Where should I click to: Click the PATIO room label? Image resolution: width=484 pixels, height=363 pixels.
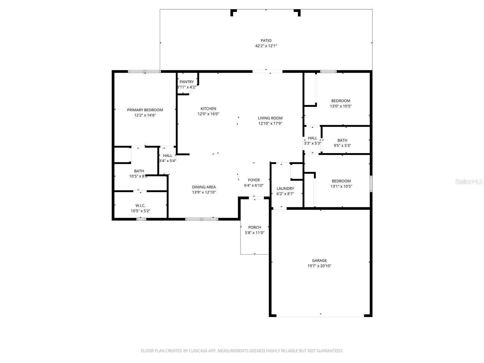pos(266,41)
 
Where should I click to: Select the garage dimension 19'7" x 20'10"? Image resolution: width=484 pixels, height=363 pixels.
pos(319,266)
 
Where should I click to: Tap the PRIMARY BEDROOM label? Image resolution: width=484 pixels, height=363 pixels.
pos(145,110)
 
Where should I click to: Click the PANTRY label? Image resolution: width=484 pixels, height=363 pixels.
pos(187,82)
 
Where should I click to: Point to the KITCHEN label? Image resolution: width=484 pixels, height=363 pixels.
pos(208,109)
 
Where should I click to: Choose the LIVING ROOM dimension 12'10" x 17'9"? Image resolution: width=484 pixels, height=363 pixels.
pos(270,123)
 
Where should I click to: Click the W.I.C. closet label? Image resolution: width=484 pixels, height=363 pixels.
pos(140,206)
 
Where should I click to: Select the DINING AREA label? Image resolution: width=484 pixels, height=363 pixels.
pos(204,187)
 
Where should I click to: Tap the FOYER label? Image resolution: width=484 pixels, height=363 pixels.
pos(254,180)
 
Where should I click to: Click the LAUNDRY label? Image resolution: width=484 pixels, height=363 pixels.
pos(285,188)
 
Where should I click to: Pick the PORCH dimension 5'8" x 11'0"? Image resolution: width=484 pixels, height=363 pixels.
pos(255,233)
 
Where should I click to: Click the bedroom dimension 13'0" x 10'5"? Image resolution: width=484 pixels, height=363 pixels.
pos(341,106)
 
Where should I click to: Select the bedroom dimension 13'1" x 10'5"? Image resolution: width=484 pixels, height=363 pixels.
pos(341,186)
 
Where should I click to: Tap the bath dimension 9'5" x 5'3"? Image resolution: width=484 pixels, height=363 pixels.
pos(342,146)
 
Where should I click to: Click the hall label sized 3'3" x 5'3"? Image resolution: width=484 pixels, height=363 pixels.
pos(312,138)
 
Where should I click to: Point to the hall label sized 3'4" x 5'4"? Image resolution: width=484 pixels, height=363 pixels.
pos(168,156)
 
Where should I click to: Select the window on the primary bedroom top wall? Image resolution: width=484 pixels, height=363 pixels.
pos(144,72)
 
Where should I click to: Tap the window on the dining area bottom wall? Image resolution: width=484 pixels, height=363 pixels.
pos(201,219)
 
